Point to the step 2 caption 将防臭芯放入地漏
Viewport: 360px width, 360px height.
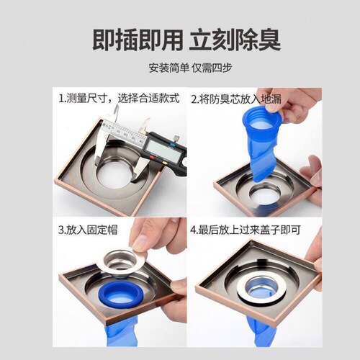click(x=238, y=99)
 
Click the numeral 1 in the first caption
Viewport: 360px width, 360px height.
click(x=60, y=99)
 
